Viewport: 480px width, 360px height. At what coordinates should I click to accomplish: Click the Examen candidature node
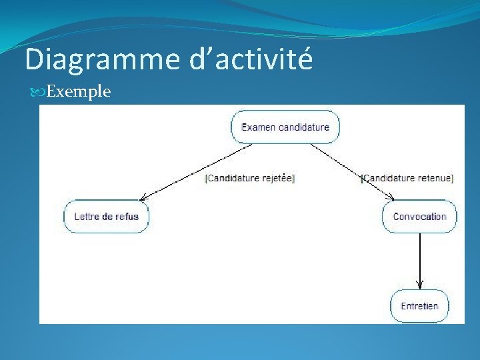pos(285,127)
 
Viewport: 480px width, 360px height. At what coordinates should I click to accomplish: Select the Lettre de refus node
pos(106,216)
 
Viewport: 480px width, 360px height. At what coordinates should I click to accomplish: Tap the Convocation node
pos(419,216)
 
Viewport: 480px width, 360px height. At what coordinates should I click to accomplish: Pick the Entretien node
pos(419,306)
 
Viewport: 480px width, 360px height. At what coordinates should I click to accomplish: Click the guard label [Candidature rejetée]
pos(250,178)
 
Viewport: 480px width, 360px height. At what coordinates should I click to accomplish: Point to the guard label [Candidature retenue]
pos(407,178)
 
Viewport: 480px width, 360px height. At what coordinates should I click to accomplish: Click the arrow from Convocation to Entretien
pos(419,260)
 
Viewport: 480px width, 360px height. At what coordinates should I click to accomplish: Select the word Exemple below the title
pos(79,91)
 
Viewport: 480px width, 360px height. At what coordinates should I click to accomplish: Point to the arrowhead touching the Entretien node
pos(419,285)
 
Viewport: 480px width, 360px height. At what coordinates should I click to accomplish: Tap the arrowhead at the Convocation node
pos(391,197)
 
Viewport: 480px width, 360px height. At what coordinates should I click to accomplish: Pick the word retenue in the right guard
pos(435,178)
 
